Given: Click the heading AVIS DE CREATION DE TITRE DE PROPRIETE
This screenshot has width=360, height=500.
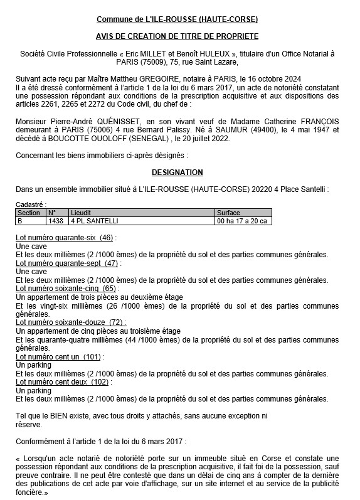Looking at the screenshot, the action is (177, 37).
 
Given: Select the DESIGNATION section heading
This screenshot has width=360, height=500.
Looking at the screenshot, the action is (177, 171).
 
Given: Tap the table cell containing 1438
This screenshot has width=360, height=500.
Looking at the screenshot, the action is (55, 221).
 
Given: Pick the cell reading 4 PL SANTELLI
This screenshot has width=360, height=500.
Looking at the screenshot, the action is (95, 221).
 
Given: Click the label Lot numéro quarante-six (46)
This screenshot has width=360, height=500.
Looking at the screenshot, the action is (65, 238).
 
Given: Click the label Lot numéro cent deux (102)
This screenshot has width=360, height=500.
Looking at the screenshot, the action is (61, 381).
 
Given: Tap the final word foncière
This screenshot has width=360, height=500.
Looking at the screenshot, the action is (31, 493).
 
